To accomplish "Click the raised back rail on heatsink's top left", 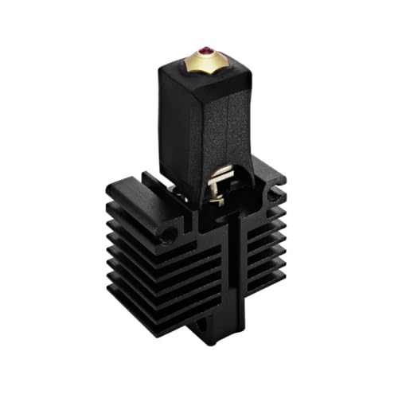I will (127, 185).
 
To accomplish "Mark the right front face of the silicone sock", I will (239, 119).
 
